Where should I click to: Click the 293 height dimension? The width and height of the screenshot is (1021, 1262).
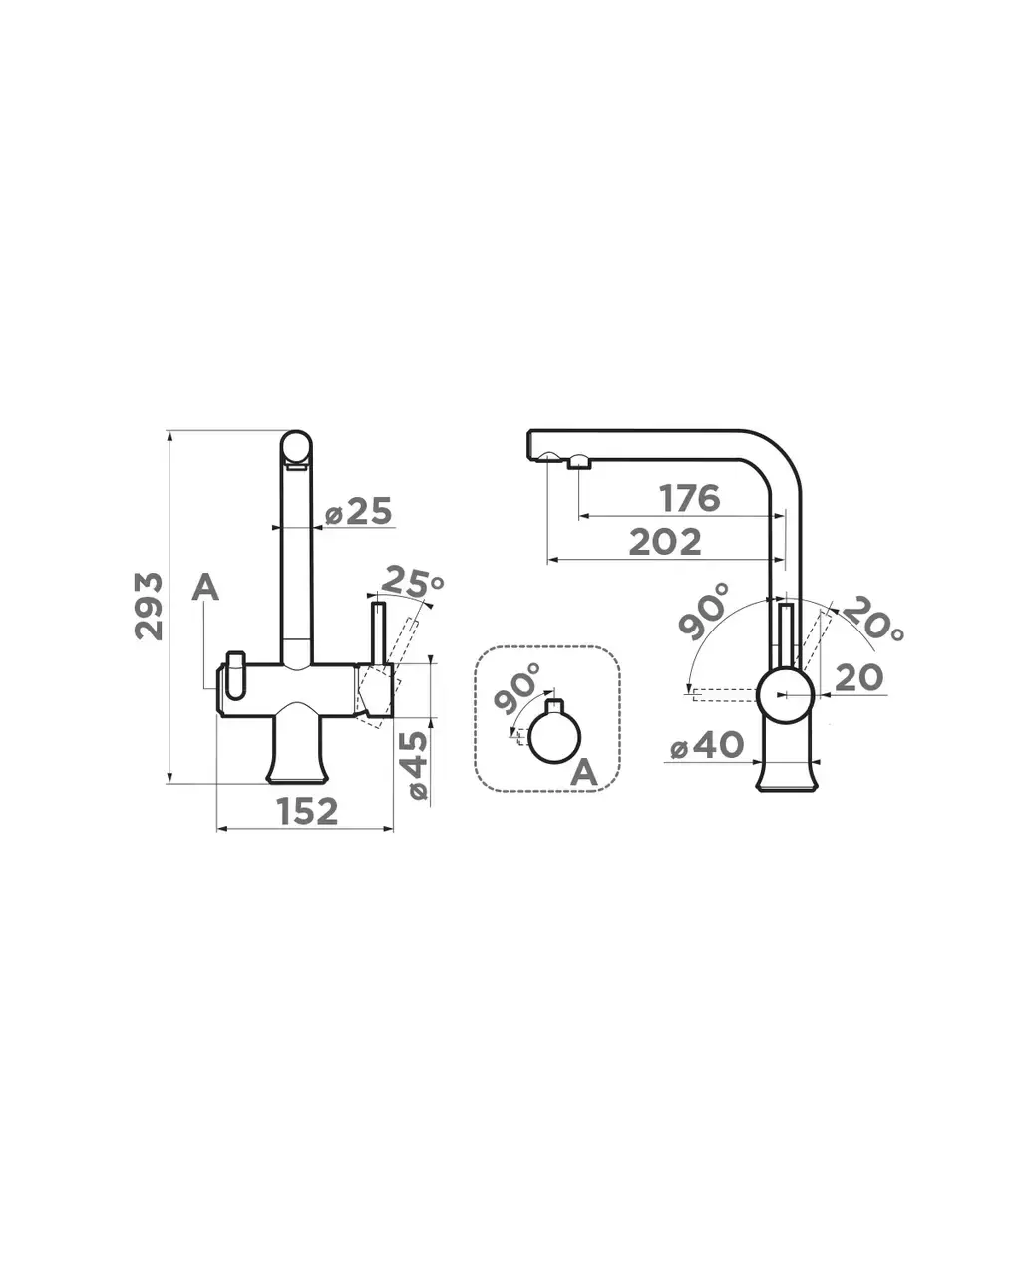tap(148, 606)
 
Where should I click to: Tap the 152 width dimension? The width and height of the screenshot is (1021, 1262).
tap(307, 811)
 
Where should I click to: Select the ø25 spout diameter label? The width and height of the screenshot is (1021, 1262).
tap(359, 512)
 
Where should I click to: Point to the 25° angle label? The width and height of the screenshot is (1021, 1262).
tap(412, 582)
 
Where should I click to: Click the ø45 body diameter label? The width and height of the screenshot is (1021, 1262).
tap(418, 766)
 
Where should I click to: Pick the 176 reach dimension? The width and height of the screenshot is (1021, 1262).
tap(691, 498)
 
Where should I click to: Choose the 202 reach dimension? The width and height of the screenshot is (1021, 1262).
tap(665, 542)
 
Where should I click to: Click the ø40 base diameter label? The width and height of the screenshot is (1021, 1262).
tap(707, 745)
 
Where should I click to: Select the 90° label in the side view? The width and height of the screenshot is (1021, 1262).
tap(704, 612)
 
